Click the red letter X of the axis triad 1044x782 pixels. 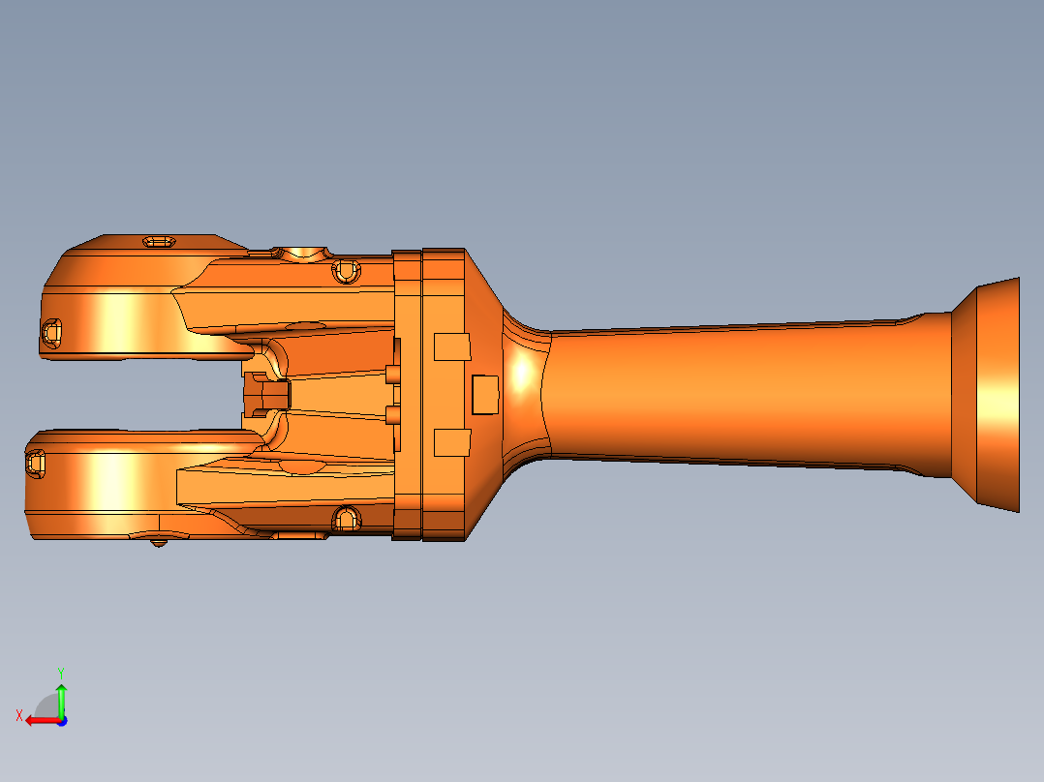click(x=19, y=715)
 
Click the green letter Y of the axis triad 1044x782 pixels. click(x=61, y=671)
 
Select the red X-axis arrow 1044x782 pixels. click(x=41, y=720)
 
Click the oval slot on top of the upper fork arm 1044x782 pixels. click(x=158, y=241)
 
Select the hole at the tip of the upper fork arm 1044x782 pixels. click(x=51, y=332)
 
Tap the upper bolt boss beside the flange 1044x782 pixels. click(x=345, y=271)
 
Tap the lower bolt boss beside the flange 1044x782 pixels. click(x=345, y=520)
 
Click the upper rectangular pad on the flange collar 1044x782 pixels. click(x=451, y=346)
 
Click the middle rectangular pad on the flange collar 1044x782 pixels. click(x=485, y=394)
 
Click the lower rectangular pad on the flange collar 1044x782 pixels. click(x=451, y=442)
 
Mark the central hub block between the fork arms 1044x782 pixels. click(x=265, y=394)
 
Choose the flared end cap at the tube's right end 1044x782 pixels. click(x=988, y=394)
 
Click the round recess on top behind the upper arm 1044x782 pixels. click(x=307, y=253)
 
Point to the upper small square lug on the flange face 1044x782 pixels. click(x=393, y=374)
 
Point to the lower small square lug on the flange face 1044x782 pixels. click(x=393, y=415)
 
